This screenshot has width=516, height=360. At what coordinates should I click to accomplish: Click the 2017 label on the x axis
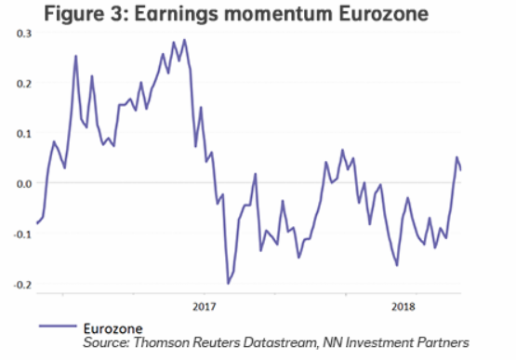[204, 305]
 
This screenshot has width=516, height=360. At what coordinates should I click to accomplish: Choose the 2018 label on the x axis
[403, 305]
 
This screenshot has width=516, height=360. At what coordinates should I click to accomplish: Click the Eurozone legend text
[112, 328]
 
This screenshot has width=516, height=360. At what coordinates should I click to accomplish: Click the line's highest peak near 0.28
[185, 40]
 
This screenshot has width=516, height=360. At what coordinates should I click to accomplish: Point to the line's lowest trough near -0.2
[228, 283]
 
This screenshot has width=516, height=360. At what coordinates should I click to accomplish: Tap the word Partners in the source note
[442, 344]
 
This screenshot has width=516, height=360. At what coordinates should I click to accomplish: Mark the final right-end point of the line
[461, 169]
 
